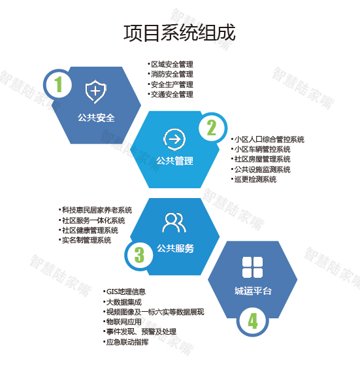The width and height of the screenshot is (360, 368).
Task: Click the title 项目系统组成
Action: coord(180,33)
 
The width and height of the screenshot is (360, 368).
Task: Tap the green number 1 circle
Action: coord(58,84)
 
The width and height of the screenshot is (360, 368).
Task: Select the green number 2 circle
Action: coord(212,127)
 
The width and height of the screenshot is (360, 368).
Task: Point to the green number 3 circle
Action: coord(139,255)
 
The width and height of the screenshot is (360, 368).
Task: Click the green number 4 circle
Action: coord(252,321)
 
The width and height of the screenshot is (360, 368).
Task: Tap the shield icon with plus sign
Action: coord(95,92)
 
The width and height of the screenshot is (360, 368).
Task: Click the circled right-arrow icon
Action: coord(174,140)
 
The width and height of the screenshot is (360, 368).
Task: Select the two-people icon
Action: coord(174,223)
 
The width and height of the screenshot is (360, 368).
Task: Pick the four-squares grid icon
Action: coord(252,267)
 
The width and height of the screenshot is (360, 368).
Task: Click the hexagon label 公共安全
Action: coord(96,118)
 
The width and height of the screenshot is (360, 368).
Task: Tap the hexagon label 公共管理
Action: coord(174,161)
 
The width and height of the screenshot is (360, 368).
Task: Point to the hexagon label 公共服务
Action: coord(175,248)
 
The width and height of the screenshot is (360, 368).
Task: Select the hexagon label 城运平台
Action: coord(253,291)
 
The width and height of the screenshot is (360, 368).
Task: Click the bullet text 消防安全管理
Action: coord(172,74)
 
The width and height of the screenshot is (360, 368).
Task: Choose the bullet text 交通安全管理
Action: coord(172,94)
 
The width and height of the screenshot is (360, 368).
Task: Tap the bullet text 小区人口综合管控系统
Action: coord(269,139)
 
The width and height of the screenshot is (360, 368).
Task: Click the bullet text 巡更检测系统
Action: coord(255,180)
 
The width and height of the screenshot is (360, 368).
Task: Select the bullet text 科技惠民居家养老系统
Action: coord(97,210)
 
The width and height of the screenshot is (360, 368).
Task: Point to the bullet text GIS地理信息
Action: coord(126,292)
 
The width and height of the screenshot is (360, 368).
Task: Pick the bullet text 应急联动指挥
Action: coord(127,343)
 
